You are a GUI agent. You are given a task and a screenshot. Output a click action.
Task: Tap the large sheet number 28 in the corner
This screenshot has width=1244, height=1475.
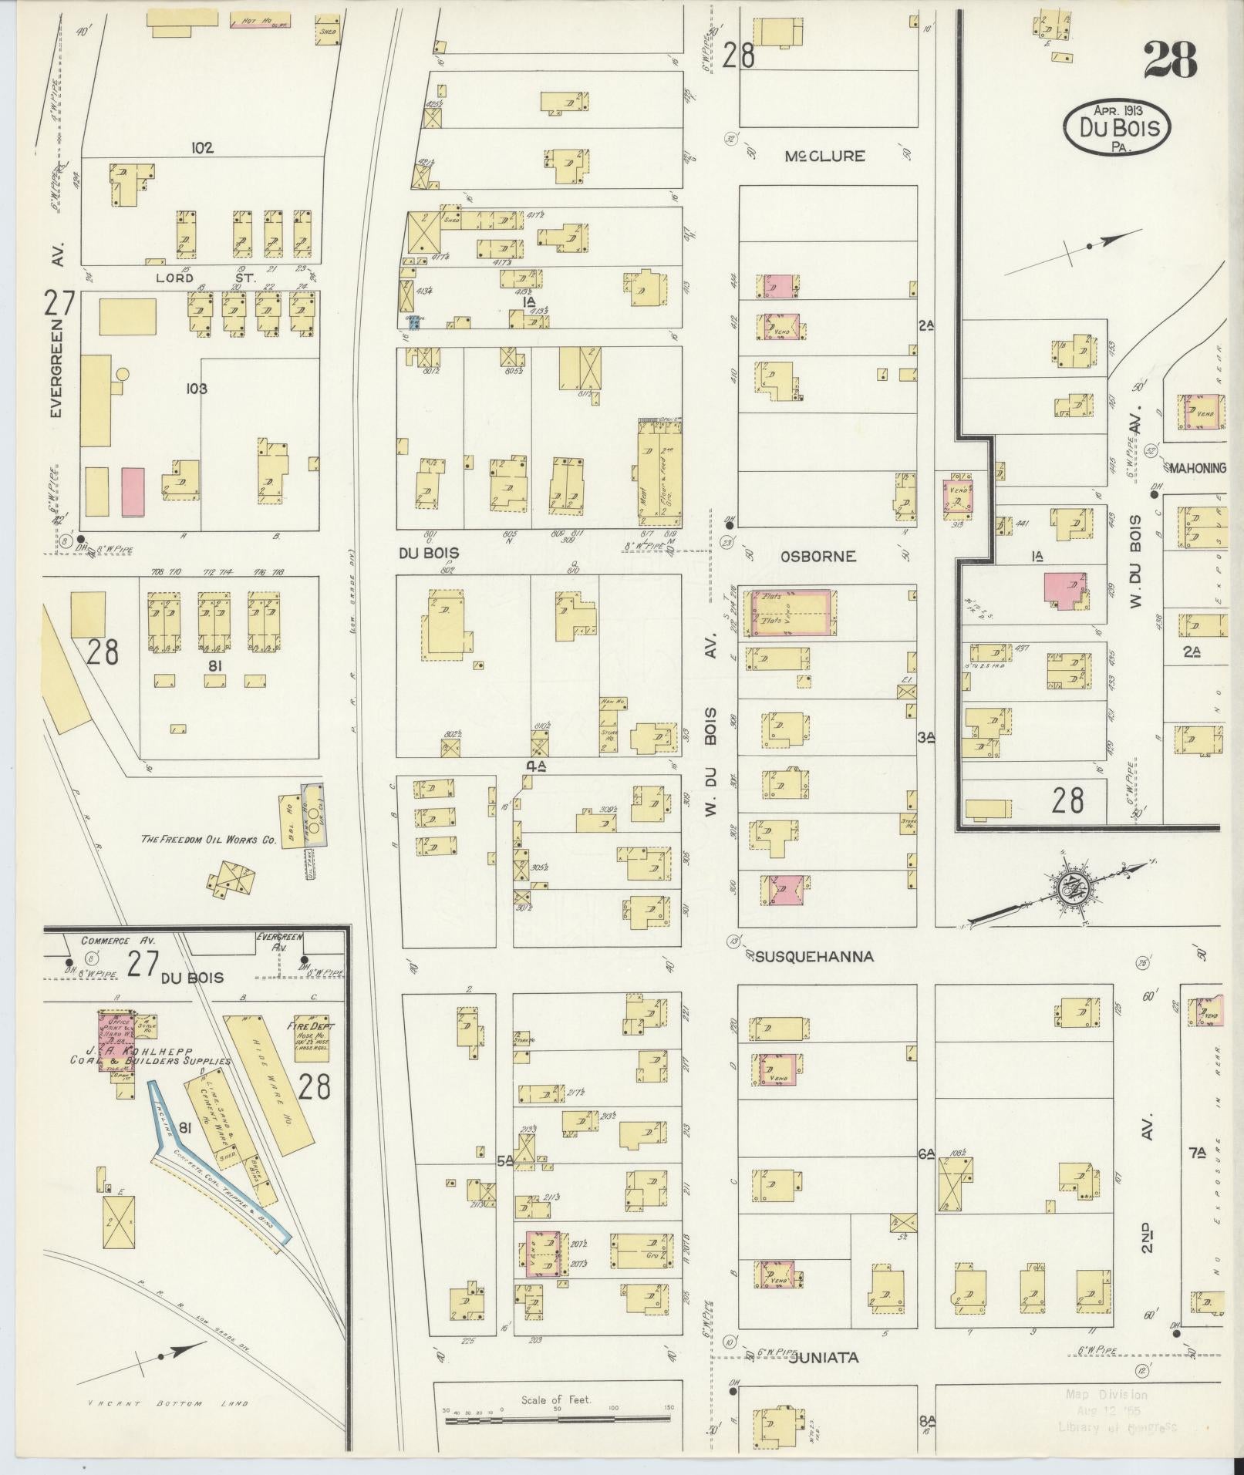(1170, 60)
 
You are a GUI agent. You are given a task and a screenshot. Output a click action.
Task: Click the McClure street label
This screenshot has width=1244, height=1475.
(824, 157)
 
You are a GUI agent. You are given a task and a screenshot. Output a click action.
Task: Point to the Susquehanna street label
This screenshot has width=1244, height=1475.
(814, 956)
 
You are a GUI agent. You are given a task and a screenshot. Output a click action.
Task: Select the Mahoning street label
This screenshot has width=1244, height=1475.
(1197, 467)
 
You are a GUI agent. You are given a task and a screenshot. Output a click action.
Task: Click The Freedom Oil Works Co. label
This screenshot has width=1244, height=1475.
(208, 840)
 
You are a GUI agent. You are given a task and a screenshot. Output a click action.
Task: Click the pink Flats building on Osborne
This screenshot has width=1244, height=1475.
(791, 612)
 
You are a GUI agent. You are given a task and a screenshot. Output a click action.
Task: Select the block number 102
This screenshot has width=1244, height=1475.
(203, 147)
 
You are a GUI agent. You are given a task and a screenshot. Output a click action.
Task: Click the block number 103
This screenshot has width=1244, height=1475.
(197, 389)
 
